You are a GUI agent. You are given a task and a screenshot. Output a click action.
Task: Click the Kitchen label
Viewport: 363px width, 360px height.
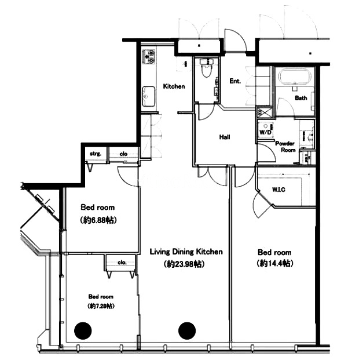click(174, 86)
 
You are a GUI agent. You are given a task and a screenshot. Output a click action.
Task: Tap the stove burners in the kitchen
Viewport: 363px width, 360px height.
click(148, 56)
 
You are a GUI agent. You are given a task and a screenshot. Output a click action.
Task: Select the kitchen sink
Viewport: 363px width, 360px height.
click(148, 97)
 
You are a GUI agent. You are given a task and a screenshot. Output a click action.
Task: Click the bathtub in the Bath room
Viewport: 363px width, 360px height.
click(294, 78)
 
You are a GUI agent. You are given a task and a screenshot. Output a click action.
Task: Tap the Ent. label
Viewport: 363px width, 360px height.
click(235, 81)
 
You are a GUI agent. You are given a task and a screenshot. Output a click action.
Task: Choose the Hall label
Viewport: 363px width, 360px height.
click(225, 137)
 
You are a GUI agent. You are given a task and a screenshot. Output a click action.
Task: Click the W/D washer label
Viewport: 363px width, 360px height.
click(265, 132)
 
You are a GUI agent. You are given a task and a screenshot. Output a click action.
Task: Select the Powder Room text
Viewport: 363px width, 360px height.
click(285, 147)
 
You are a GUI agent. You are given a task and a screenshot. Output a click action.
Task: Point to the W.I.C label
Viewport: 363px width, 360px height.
click(278, 190)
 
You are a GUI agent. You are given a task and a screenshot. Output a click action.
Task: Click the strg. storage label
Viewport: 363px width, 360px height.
click(96, 154)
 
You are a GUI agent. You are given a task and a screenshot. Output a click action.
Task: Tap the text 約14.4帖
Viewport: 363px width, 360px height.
click(274, 263)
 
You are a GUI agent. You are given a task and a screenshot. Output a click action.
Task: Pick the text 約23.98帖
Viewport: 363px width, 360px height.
click(184, 264)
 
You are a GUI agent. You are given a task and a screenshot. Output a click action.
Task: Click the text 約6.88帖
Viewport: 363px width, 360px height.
click(97, 220)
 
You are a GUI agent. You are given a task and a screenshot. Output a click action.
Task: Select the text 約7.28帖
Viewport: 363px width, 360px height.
click(101, 306)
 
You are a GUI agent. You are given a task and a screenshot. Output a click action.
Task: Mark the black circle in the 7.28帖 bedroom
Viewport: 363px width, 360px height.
click(83, 331)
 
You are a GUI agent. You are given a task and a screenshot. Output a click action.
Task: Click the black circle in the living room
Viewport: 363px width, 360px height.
click(187, 331)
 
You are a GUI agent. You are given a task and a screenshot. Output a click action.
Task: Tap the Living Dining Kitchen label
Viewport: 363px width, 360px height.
click(186, 252)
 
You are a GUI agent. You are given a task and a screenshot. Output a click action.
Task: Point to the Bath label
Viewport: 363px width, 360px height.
click(301, 98)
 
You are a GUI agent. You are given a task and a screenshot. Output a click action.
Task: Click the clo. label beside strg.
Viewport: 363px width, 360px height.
click(124, 154)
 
